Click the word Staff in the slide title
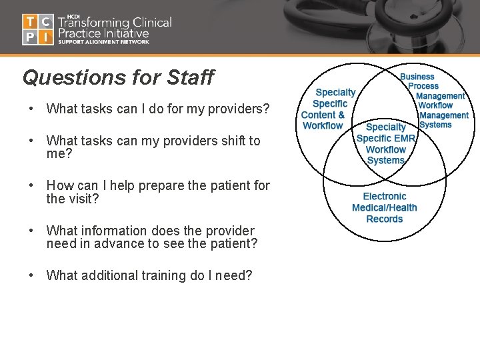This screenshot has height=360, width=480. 190,77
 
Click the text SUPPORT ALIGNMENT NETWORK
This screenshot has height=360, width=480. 103,42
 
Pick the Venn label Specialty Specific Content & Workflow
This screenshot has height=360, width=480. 329,109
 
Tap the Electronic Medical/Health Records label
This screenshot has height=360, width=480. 385,207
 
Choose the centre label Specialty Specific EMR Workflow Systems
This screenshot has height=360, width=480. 386,143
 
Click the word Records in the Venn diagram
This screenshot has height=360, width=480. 385,219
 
